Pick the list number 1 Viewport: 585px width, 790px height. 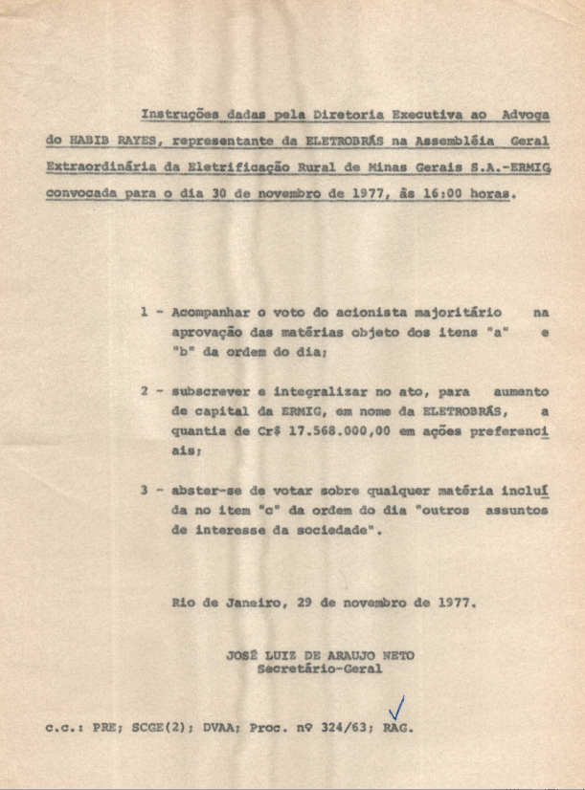click(x=145, y=313)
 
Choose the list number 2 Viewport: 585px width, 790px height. click(x=145, y=392)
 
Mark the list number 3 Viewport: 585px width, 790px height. click(x=145, y=491)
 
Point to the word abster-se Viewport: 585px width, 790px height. click(x=210, y=491)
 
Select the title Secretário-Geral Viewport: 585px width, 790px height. click(x=319, y=669)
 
